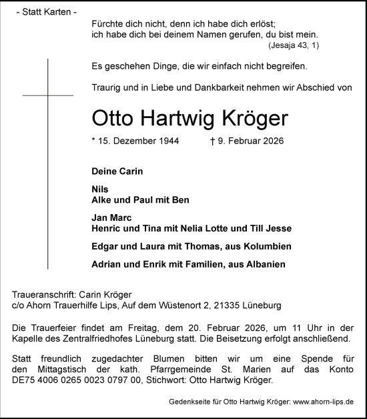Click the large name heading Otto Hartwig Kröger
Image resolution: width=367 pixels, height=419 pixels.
tap(199, 119)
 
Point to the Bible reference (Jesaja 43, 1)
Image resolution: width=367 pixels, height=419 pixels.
tap(294, 45)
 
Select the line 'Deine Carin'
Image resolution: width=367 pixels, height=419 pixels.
tap(117, 171)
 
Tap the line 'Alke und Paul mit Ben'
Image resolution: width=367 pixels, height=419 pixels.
tap(141, 199)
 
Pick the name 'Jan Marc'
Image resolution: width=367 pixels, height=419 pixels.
tap(112, 218)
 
